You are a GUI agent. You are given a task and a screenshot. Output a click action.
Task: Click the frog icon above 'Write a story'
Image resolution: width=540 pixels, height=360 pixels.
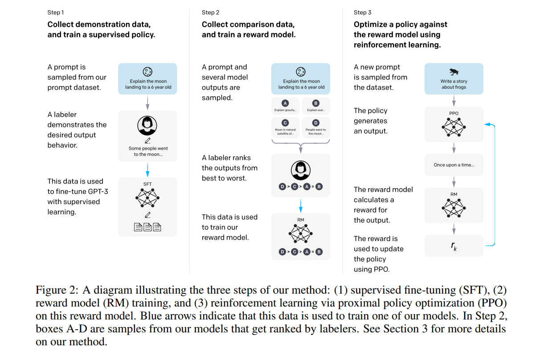(454, 72)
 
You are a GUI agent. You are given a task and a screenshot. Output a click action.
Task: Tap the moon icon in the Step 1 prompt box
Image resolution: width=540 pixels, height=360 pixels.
(147, 72)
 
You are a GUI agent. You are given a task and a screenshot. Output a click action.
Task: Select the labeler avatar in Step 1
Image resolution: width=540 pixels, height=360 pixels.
(147, 126)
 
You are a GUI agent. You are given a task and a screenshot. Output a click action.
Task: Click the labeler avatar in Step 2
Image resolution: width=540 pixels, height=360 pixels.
(300, 170)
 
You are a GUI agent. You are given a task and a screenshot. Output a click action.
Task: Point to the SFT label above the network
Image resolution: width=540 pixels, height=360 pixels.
(147, 184)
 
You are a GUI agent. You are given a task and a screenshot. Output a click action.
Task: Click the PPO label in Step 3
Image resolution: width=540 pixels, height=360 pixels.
(454, 113)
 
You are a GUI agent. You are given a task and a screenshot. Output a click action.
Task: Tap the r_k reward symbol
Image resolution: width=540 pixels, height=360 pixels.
(454, 246)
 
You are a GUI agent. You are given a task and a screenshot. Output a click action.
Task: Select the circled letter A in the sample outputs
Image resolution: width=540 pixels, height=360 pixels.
(285, 103)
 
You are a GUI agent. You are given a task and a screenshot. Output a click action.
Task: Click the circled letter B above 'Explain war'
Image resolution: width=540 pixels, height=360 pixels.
(315, 103)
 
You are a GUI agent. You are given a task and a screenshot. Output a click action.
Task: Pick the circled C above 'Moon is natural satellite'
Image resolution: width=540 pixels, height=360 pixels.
(285, 123)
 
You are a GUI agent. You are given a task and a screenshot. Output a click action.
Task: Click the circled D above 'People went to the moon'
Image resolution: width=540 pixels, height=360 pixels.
(315, 123)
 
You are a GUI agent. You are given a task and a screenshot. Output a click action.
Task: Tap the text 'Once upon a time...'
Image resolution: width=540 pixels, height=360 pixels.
(454, 165)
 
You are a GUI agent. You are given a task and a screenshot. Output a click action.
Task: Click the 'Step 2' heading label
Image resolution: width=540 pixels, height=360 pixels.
(210, 12)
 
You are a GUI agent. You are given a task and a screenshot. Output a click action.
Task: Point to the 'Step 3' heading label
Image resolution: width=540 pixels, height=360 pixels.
(362, 12)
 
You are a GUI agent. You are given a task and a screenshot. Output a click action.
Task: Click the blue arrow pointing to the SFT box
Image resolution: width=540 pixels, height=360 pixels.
(147, 170)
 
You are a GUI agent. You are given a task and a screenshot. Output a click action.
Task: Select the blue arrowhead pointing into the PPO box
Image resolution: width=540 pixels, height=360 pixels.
(487, 124)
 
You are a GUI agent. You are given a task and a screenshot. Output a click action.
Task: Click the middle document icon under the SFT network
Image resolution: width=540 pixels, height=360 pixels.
(147, 227)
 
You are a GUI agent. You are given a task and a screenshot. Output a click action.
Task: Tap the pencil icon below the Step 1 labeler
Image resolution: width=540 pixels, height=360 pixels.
(147, 141)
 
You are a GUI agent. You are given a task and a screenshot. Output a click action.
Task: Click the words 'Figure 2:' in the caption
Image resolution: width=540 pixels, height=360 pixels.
(57, 290)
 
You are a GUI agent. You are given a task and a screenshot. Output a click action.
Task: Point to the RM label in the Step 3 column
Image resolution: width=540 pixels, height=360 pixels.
(454, 194)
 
